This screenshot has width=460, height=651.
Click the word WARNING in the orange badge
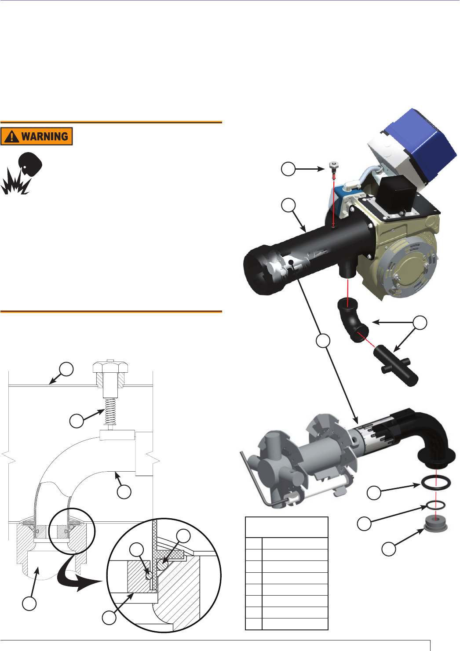pyautogui.click(x=45, y=136)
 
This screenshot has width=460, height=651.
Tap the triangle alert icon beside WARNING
pyautogui.click(x=12, y=136)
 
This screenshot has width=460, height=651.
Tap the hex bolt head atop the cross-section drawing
pyautogui.click(x=110, y=367)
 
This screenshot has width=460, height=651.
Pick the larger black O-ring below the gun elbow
pyautogui.click(x=436, y=483)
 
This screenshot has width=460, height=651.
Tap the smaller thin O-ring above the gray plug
pyautogui.click(x=436, y=506)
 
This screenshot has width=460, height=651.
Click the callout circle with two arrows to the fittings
pyautogui.click(x=420, y=323)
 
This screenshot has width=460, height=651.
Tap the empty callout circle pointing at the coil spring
pyautogui.click(x=77, y=421)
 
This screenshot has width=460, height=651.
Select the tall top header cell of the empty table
pyautogui.click(x=287, y=527)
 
